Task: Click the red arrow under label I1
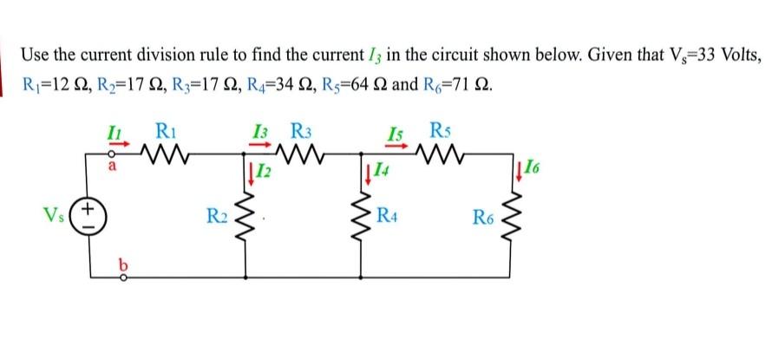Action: click(108, 147)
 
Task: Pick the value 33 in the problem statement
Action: click(676, 56)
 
